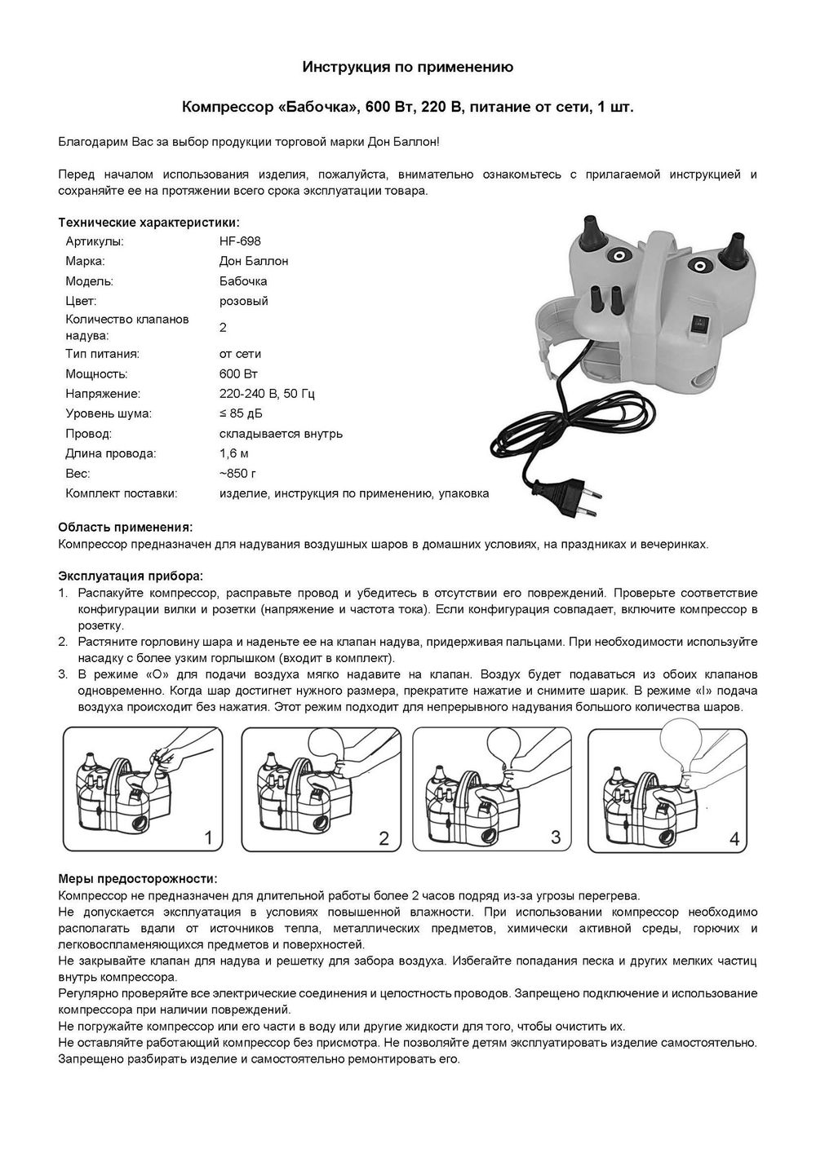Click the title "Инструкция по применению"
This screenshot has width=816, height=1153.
pos(408,68)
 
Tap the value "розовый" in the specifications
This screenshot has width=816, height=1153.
pos(244,301)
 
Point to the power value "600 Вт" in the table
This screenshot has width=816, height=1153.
pos(238,374)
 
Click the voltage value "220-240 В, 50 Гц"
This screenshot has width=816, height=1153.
pos(267,394)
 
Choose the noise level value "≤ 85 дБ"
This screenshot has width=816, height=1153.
pos(242,413)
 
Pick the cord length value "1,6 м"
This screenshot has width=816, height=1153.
pos(234,453)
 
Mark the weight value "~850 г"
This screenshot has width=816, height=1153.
pos(238,473)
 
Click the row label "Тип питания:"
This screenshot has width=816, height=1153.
pos(102,355)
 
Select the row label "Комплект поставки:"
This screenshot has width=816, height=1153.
pos(121,493)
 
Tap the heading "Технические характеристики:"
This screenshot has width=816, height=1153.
pos(149,222)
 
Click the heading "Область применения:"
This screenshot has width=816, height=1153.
pos(126,528)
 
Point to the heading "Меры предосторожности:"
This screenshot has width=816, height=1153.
pos(138,878)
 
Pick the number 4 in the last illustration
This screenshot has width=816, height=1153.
pos(734,838)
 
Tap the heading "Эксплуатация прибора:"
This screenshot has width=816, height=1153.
pos(131,576)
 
